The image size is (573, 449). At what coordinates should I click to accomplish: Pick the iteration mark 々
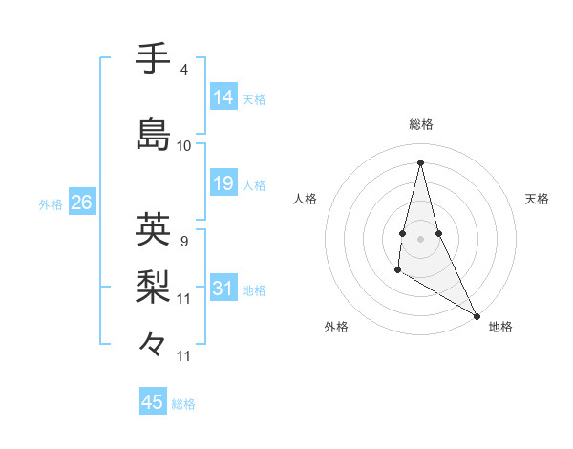pyautogui.click(x=153, y=343)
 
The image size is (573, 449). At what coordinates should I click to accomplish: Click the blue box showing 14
pyautogui.click(x=223, y=96)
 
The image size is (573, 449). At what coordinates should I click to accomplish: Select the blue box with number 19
pyautogui.click(x=223, y=183)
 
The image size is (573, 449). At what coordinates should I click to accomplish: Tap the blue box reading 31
pyautogui.click(x=223, y=289)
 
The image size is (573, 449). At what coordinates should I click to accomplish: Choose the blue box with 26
pyautogui.click(x=81, y=203)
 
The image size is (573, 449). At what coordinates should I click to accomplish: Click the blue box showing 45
pyautogui.click(x=153, y=402)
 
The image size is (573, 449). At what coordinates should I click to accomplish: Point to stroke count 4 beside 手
pyautogui.click(x=184, y=70)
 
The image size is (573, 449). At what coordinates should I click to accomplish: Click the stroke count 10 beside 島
pyautogui.click(x=184, y=145)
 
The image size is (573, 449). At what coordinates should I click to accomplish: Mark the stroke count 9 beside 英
pyautogui.click(x=184, y=241)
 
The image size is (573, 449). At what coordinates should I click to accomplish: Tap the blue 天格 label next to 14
pyautogui.click(x=254, y=98)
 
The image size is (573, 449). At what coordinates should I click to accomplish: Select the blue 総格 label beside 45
pyautogui.click(x=183, y=404)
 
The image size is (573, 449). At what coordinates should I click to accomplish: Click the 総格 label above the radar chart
pyautogui.click(x=421, y=124)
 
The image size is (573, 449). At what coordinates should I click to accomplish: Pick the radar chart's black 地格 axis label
pyautogui.click(x=500, y=327)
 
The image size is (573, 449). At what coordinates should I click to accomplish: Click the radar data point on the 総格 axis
pyautogui.click(x=420, y=161)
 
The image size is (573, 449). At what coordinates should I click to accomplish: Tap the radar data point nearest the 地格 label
pyautogui.click(x=477, y=315)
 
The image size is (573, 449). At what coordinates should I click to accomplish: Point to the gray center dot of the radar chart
pyautogui.click(x=420, y=237)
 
